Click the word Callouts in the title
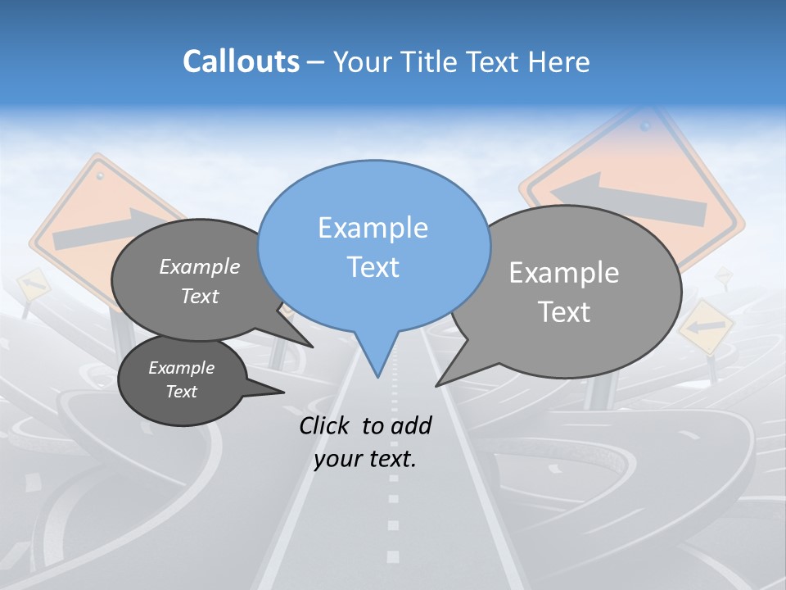241,61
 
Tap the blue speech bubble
373,246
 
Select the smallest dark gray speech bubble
182,380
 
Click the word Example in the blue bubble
373,228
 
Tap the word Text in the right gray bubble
565,312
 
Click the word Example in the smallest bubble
181,368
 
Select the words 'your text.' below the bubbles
365,460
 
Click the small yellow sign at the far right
705,327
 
